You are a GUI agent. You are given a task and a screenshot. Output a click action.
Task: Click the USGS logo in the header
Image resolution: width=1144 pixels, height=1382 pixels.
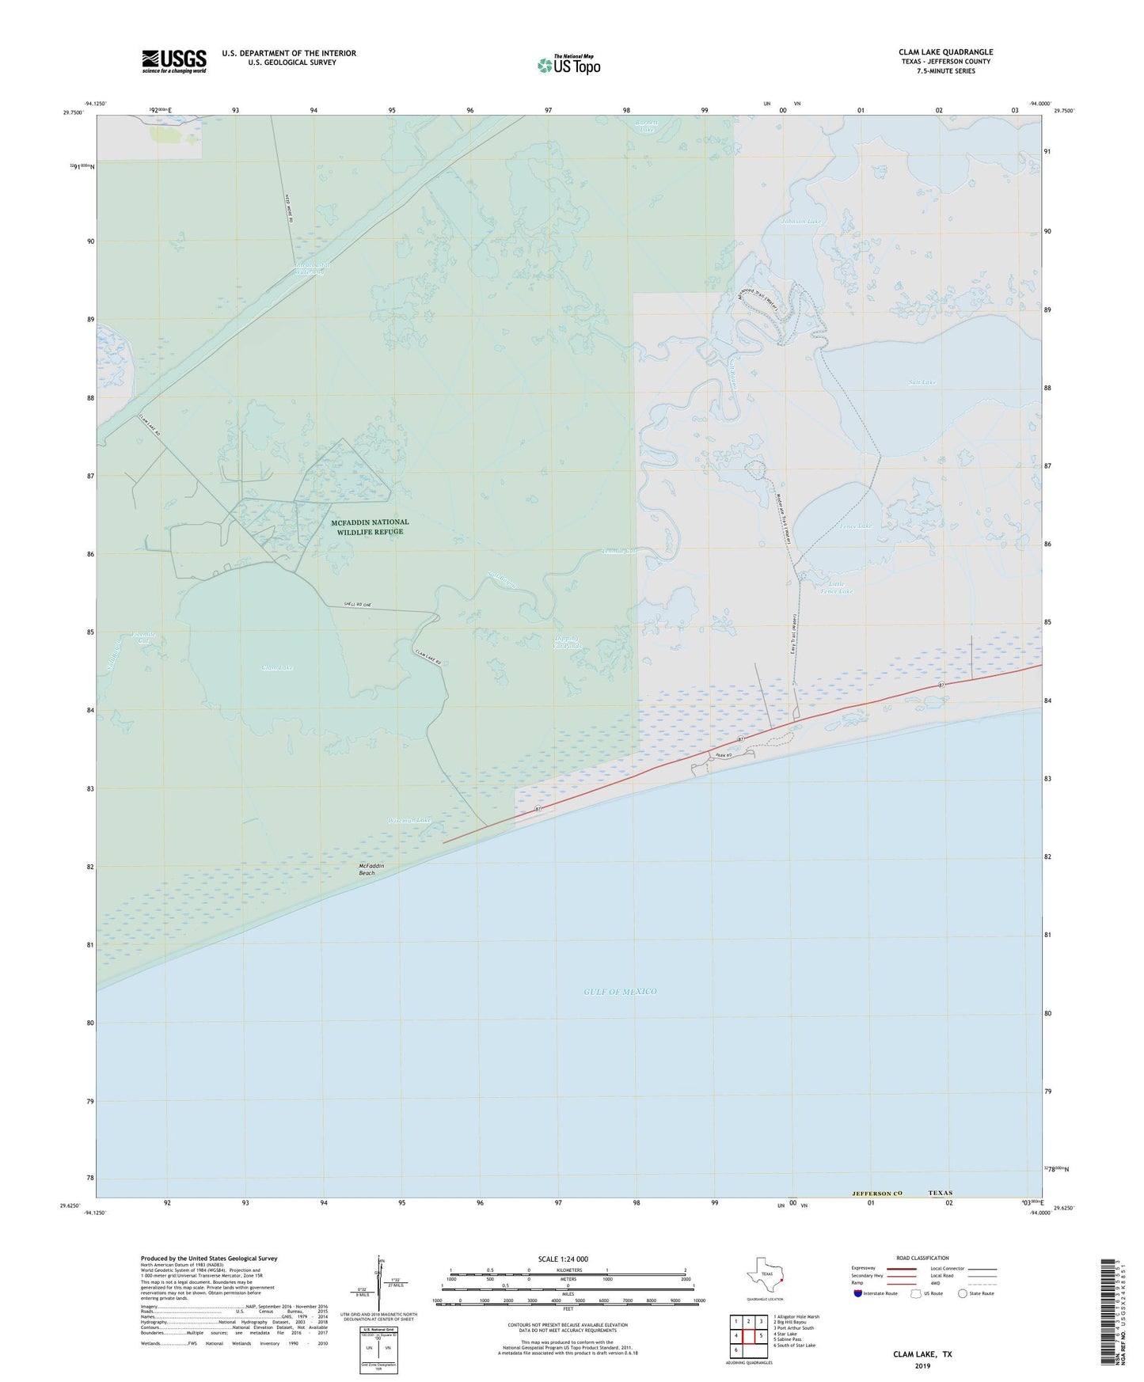(x=174, y=61)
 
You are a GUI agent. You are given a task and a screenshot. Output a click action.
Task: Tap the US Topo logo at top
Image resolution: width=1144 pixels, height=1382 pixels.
(x=568, y=65)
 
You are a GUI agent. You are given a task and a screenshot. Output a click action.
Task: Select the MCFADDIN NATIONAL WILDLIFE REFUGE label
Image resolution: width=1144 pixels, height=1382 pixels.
(x=369, y=526)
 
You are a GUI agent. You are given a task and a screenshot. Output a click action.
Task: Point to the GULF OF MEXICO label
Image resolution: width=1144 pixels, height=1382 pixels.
(x=620, y=991)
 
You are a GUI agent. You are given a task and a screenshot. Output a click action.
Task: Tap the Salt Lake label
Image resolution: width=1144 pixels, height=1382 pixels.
(x=922, y=382)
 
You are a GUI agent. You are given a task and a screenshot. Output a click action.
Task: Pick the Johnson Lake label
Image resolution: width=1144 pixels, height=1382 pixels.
(x=800, y=222)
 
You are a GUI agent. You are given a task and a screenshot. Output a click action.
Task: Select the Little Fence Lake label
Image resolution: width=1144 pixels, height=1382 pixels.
(x=837, y=587)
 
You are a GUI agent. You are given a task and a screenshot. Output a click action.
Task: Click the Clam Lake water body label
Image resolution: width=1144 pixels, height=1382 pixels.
(x=278, y=667)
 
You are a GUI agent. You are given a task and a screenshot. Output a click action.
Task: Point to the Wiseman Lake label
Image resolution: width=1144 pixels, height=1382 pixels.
(x=409, y=820)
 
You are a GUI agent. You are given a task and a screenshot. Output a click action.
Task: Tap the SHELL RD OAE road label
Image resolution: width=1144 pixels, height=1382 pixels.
(x=368, y=606)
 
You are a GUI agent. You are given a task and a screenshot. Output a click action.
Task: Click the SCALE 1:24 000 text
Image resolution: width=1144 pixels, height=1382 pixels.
(x=563, y=1259)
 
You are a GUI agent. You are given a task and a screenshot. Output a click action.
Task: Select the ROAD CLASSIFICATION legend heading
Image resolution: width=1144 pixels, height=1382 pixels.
(x=922, y=1258)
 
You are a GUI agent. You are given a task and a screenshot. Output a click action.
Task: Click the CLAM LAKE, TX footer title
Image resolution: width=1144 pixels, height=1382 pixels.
(x=922, y=1354)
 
